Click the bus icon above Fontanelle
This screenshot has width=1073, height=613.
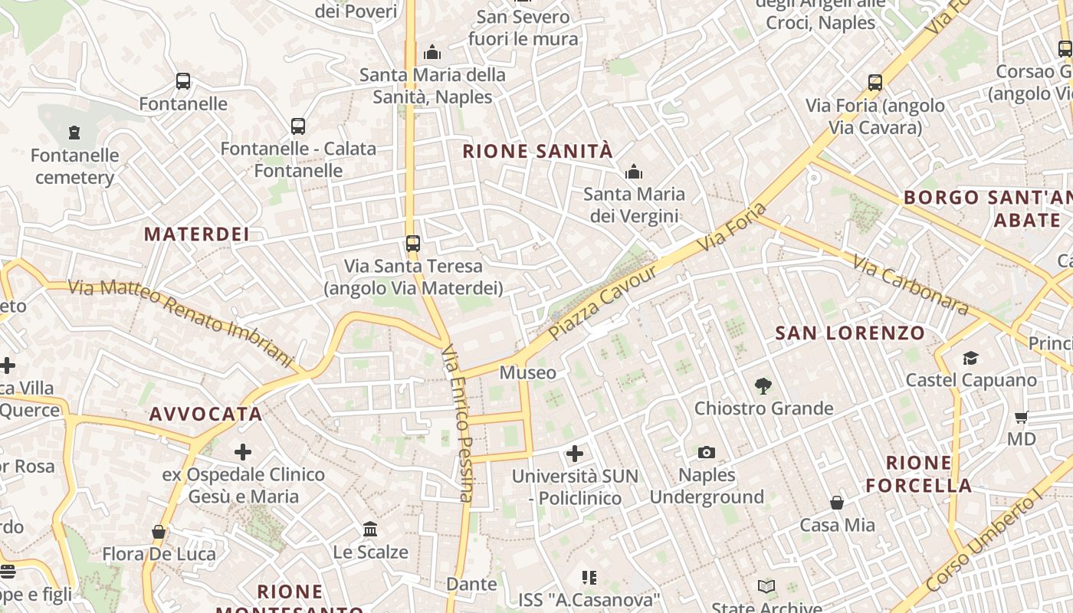coord(183,81)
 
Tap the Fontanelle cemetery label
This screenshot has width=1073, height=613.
coord(75,166)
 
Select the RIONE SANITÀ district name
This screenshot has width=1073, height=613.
coord(538,151)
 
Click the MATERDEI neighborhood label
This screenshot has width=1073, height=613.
coord(197,234)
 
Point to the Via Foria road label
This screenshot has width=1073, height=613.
coord(732,227)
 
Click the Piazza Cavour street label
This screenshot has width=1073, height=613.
coord(602,304)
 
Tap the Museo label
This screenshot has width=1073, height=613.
coord(528,373)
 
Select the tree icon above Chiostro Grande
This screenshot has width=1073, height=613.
coord(763,386)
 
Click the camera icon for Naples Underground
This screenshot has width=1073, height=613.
coord(707,453)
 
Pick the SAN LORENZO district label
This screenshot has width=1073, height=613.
coord(850,333)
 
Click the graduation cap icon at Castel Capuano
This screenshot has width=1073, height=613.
coord(971,359)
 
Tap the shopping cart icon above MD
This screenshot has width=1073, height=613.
coord(1021,418)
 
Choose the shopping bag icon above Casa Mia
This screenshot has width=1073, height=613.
coord(837,503)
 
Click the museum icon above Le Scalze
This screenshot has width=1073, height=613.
coord(370,529)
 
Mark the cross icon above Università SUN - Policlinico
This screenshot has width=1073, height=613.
coord(575,454)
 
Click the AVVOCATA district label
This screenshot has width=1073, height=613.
coord(206,415)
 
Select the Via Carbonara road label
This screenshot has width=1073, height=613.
coord(911,284)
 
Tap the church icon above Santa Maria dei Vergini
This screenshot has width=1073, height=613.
coord(634,172)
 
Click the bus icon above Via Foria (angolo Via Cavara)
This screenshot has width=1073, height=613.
coord(875,83)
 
